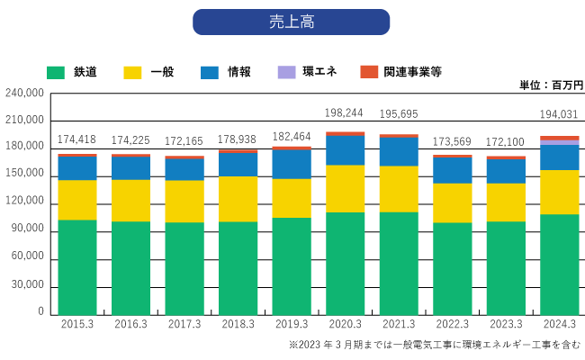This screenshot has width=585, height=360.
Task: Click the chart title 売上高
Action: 291,22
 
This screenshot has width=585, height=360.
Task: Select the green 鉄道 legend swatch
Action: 57,71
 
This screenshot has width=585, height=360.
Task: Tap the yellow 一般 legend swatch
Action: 133,71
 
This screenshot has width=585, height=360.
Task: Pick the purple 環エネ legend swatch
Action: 286,71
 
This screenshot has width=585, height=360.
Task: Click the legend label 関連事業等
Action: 412,71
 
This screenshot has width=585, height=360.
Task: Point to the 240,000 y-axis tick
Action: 24,93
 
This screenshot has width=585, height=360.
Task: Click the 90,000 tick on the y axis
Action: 27,229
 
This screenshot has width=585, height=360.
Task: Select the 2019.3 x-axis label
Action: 292,324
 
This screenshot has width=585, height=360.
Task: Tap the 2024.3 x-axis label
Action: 559,324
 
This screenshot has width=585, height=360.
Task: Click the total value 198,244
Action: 345,112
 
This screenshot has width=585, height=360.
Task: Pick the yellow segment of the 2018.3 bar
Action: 238,199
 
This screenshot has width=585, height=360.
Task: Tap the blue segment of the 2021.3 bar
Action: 398,152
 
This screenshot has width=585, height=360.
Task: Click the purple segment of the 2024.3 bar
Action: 559,142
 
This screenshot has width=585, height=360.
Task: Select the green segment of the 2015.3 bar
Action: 77,266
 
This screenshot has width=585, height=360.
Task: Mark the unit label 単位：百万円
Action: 551,85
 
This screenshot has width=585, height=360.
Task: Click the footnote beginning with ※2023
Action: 435,345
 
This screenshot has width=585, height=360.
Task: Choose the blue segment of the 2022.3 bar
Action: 452,171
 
